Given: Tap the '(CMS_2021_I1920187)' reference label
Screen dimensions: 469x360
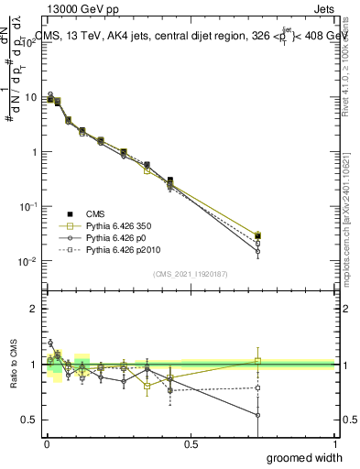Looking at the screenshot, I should click(x=191, y=273).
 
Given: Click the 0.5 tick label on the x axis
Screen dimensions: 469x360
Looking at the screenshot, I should click(x=191, y=443).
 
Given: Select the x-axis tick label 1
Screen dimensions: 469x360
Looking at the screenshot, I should click(x=335, y=443).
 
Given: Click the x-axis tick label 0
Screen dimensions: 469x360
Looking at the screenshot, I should click(x=47, y=443).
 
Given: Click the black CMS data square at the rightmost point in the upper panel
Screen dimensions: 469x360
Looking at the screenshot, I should click(x=258, y=236).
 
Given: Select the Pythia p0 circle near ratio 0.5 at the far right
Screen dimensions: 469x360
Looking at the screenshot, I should click(x=258, y=415).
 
